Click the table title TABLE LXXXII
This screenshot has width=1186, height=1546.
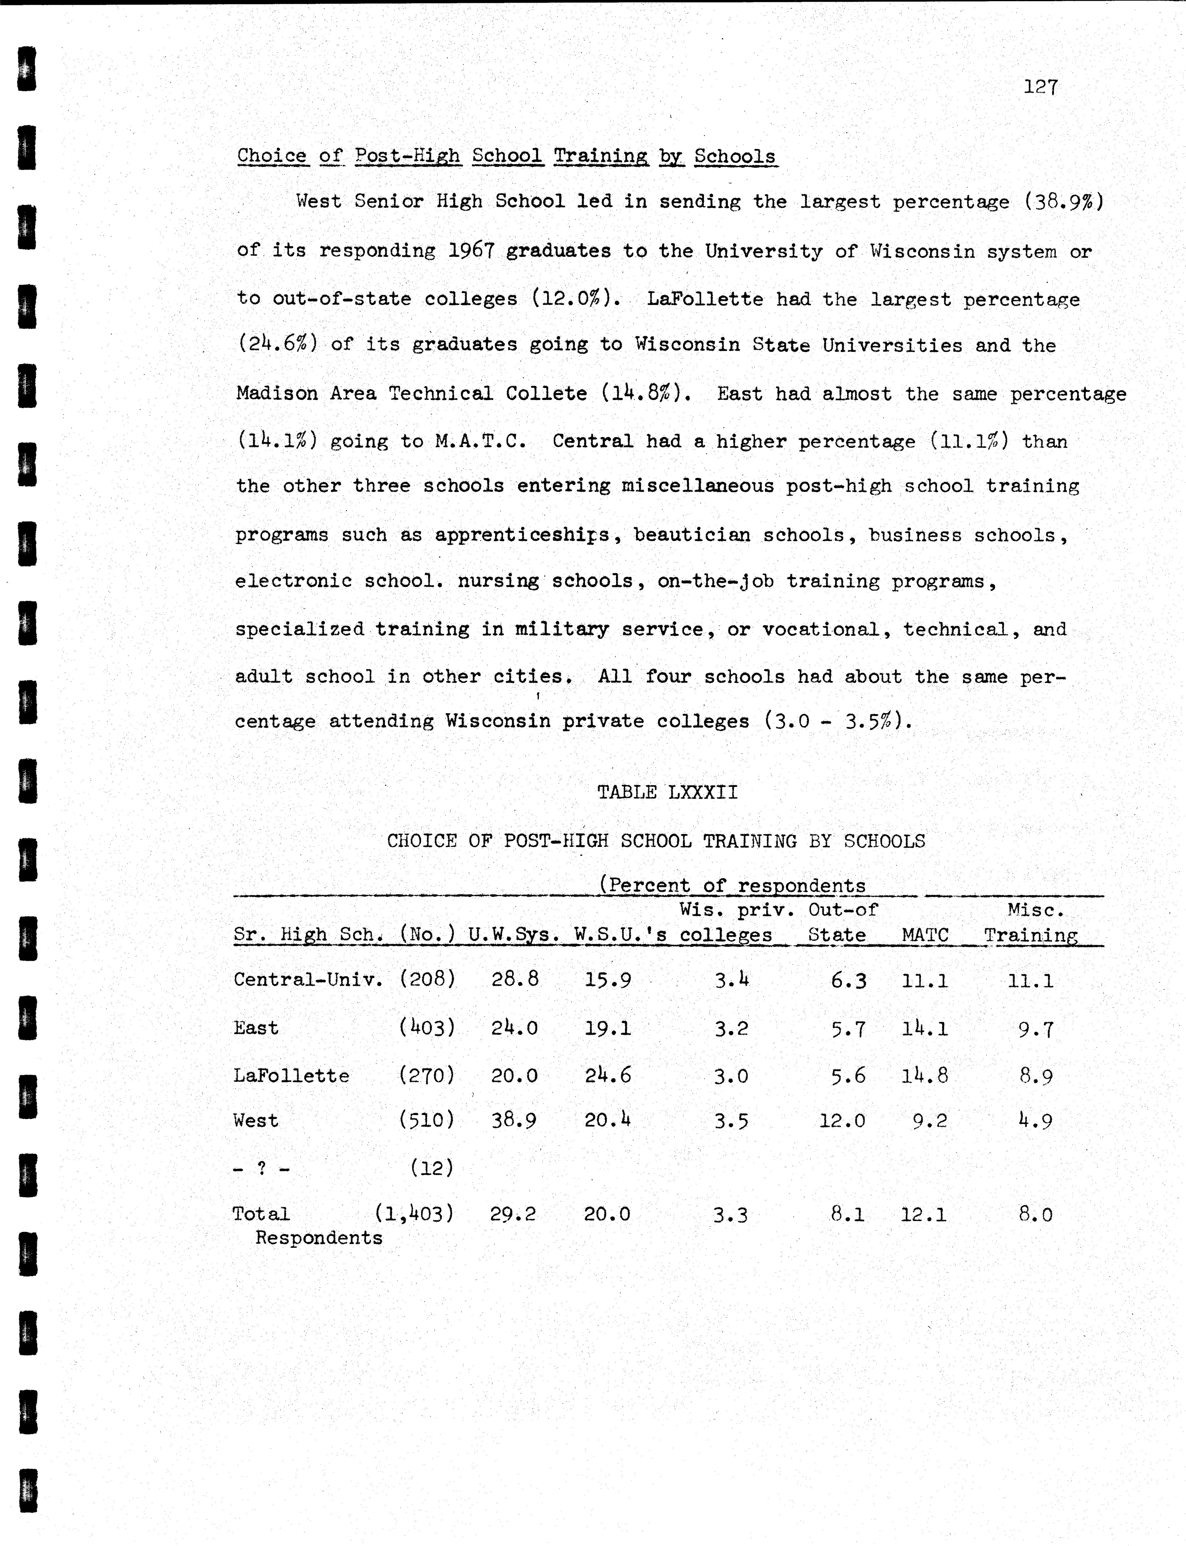coord(667,792)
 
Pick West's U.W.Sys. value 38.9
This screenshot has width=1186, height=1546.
coord(514,1120)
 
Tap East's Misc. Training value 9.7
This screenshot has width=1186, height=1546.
coord(1036,1029)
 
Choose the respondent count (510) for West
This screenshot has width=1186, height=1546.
coord(426,1120)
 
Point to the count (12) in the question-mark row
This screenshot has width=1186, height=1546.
coord(431,1168)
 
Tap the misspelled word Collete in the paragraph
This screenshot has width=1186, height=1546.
coord(546,393)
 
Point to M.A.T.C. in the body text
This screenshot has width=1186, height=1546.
coord(480,441)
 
